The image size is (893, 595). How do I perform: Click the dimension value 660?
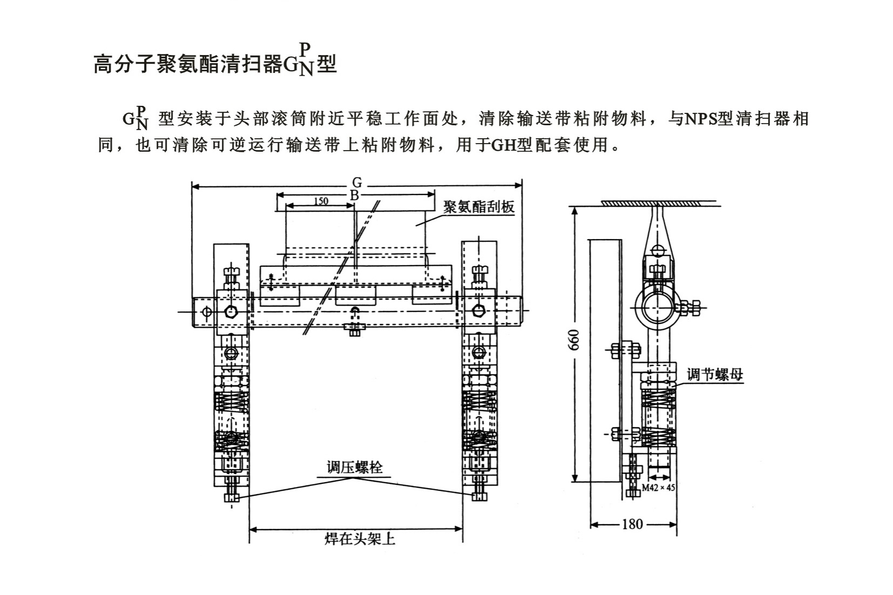(574, 340)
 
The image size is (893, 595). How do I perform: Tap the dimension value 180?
(633, 524)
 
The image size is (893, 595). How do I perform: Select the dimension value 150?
(321, 201)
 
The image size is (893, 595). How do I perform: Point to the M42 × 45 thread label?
(658, 488)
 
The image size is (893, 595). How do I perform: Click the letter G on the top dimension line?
(357, 182)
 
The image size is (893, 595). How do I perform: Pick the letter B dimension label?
(354, 195)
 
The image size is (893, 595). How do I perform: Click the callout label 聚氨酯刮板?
(479, 207)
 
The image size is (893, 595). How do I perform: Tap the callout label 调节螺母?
(715, 375)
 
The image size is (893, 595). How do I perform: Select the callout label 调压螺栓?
(354, 468)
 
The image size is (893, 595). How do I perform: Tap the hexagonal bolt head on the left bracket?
(231, 312)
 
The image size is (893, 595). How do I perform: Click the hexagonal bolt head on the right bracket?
(478, 311)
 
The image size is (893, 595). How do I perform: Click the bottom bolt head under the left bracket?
(232, 498)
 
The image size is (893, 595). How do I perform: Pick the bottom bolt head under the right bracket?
(479, 497)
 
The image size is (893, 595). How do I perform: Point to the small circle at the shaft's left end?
(206, 312)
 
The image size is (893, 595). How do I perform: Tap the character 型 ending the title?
(327, 64)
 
